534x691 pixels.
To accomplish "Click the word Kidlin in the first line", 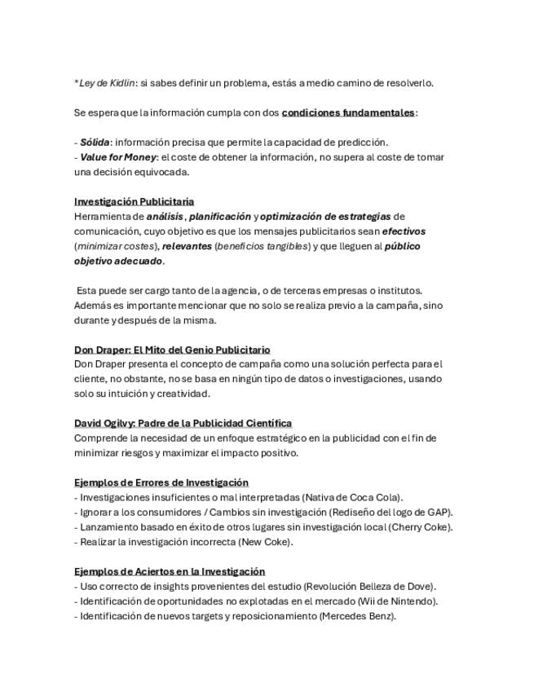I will coord(121,82).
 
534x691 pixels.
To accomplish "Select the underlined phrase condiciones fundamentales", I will coord(348,112).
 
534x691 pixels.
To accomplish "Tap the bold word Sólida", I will coord(94,142).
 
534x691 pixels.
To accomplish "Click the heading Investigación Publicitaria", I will coord(134,201).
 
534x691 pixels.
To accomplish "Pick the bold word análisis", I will coord(165,216).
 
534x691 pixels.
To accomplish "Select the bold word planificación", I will coord(220,216).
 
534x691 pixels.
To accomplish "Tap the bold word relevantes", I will coord(187,245).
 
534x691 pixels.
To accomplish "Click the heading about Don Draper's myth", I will coord(172,349).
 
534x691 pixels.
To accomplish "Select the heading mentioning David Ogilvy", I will coord(183,423).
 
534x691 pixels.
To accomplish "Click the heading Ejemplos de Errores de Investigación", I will coord(161,482).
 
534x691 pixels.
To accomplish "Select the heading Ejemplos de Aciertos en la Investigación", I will coord(170,571).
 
